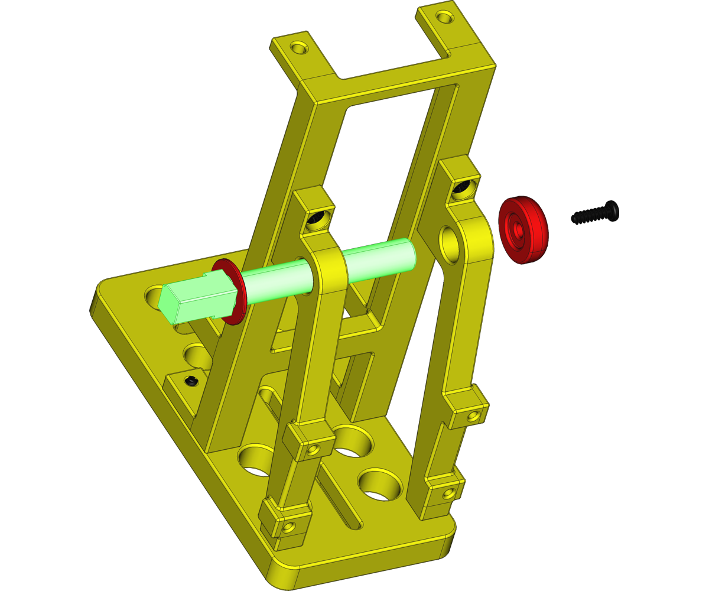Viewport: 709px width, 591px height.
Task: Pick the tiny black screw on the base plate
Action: coord(191,381)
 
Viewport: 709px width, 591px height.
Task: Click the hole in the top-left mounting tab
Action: coord(300,46)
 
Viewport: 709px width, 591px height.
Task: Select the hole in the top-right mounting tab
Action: coord(442,15)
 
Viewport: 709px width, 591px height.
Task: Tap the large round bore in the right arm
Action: coord(450,242)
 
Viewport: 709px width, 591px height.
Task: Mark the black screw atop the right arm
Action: coord(461,189)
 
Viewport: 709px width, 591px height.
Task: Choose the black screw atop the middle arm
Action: coord(316,220)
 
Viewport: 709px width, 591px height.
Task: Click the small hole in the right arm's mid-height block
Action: coord(471,416)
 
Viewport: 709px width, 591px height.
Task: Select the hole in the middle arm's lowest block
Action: coord(288,526)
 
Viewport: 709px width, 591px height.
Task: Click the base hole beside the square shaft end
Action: coord(154,293)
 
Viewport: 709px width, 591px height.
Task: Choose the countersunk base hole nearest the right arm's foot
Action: coord(380,485)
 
